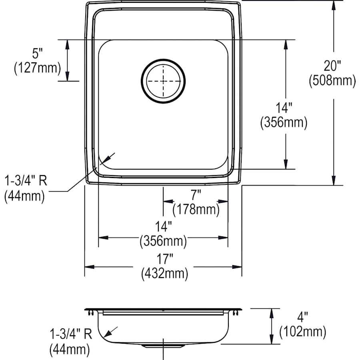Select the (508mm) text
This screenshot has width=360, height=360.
click(x=332, y=81)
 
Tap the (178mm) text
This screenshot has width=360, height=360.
click(x=196, y=209)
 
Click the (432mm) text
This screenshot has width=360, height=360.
click(x=164, y=274)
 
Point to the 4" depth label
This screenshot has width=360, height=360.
click(x=302, y=318)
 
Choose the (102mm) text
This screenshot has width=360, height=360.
click(x=302, y=332)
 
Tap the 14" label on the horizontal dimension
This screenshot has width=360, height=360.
click(x=163, y=227)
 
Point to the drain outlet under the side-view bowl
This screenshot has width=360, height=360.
click(x=163, y=345)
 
